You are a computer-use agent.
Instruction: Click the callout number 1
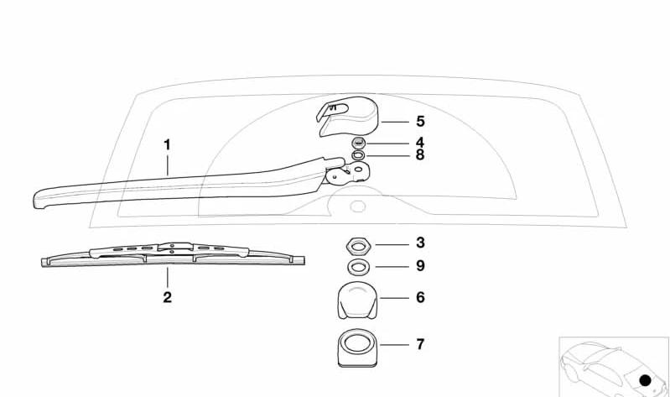[x=167, y=145]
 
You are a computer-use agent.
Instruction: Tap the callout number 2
[x=167, y=297]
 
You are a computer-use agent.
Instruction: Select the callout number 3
[x=420, y=243]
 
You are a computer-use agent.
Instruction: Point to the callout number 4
[x=420, y=143]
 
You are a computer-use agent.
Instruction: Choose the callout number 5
[x=420, y=122]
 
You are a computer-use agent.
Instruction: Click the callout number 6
[x=420, y=297]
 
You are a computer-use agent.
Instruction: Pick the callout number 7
[x=420, y=344]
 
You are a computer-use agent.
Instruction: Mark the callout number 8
[x=420, y=155]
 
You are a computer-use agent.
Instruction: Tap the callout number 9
[x=420, y=266]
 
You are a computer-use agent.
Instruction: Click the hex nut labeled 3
[x=358, y=246]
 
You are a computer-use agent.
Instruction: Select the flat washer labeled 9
[x=358, y=268]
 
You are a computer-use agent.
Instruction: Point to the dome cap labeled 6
[x=358, y=300]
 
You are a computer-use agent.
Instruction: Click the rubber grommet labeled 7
[x=358, y=347]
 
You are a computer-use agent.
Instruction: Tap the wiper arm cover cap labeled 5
[x=347, y=117]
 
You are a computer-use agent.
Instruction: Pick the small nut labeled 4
[x=359, y=143]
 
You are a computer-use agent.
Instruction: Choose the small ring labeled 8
[x=359, y=154]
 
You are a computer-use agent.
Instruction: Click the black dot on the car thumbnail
[x=645, y=380]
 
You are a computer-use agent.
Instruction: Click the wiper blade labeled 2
[x=173, y=254]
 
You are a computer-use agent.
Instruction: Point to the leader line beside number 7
[x=394, y=344]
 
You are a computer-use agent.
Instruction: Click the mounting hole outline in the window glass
[x=358, y=206]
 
